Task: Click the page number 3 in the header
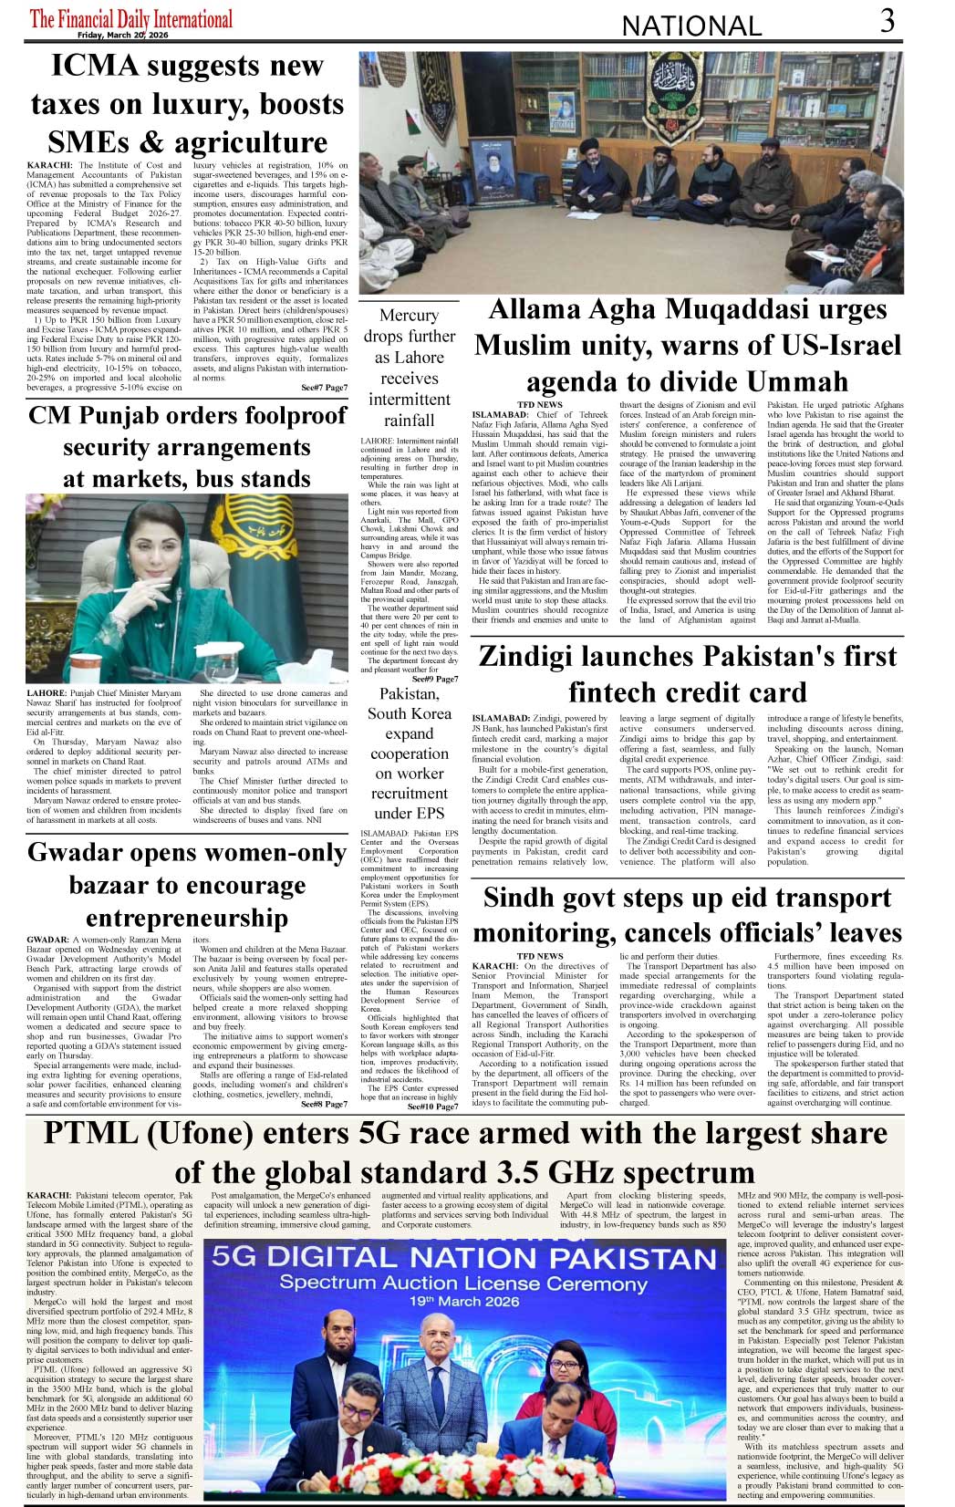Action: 888,20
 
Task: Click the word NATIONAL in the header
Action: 691,26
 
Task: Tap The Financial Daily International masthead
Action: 131,17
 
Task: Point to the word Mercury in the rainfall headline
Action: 409,315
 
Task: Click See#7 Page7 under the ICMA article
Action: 324,388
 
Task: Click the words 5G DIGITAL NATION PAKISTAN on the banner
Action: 464,1258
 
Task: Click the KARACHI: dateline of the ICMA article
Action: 49,165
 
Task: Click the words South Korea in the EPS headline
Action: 409,713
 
